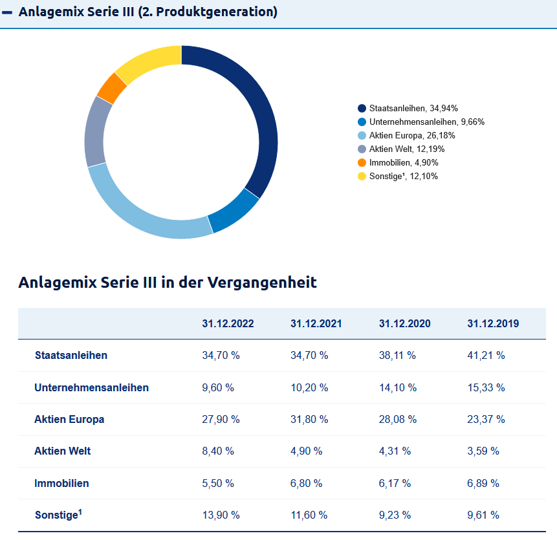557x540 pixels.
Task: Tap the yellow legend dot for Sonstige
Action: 362,176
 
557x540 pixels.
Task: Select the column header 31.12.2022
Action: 228,323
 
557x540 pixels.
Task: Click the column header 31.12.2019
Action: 493,323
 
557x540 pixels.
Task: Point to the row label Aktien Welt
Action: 62,451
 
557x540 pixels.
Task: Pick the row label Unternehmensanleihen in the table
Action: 91,387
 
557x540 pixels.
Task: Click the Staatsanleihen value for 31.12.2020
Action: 397,355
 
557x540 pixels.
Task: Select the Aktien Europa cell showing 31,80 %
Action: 309,419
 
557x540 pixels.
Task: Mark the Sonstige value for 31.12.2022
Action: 221,515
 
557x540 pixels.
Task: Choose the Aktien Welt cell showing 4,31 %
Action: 395,451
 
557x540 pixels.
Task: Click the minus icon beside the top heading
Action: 8,12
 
